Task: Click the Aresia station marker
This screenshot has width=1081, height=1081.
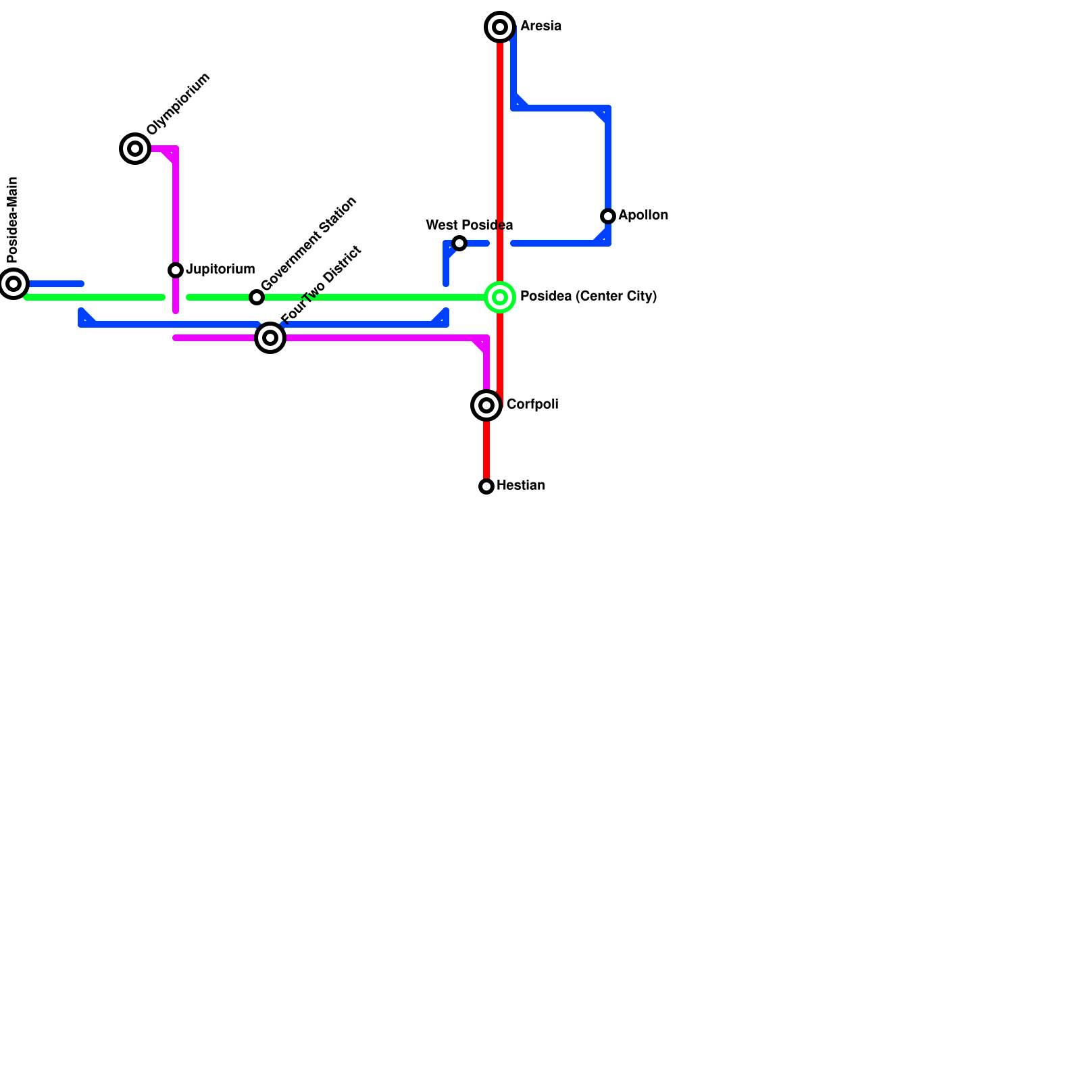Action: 500,27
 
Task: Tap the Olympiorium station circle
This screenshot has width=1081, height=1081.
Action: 135,149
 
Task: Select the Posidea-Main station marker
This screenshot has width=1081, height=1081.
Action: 14,284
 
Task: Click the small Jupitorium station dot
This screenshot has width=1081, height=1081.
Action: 176,270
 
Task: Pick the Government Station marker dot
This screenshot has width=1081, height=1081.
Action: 257,297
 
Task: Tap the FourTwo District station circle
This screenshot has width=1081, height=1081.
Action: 270,338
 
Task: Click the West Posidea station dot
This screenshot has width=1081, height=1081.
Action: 459,243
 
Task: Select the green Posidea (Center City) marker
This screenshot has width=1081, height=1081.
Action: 500,297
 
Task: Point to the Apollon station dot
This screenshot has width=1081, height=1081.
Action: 608,216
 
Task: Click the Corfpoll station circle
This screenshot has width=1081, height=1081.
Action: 486,405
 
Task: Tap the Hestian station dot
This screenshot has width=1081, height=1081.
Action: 486,486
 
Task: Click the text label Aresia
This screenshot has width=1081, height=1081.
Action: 540,26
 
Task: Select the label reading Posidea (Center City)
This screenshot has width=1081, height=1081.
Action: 588,297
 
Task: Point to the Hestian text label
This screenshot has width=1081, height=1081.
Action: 520,486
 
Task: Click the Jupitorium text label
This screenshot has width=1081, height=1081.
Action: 220,270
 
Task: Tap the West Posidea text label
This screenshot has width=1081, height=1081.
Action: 470,225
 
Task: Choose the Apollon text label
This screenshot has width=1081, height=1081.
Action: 643,216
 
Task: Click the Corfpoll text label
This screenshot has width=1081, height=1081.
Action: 532,405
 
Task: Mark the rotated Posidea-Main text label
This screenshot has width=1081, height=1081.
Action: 12,220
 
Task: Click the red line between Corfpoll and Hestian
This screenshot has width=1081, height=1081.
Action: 486,449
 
